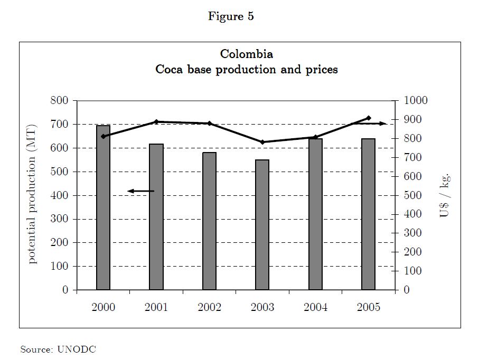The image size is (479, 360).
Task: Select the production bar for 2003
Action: pos(262,224)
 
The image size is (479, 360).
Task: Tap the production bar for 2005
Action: pos(368,214)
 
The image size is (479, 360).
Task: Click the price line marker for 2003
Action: pos(262,142)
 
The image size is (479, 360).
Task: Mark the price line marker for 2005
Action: pos(369,118)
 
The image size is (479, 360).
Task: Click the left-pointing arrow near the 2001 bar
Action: pos(140,191)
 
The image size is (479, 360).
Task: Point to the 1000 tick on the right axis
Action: pos(415,100)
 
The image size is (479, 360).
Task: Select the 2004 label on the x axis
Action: pos(315,307)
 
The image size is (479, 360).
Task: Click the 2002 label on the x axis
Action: pos(209,307)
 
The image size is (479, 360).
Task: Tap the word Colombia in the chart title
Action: pos(247,54)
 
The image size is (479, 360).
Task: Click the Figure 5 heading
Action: pos(231,16)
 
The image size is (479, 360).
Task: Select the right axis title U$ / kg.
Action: pos(445,195)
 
